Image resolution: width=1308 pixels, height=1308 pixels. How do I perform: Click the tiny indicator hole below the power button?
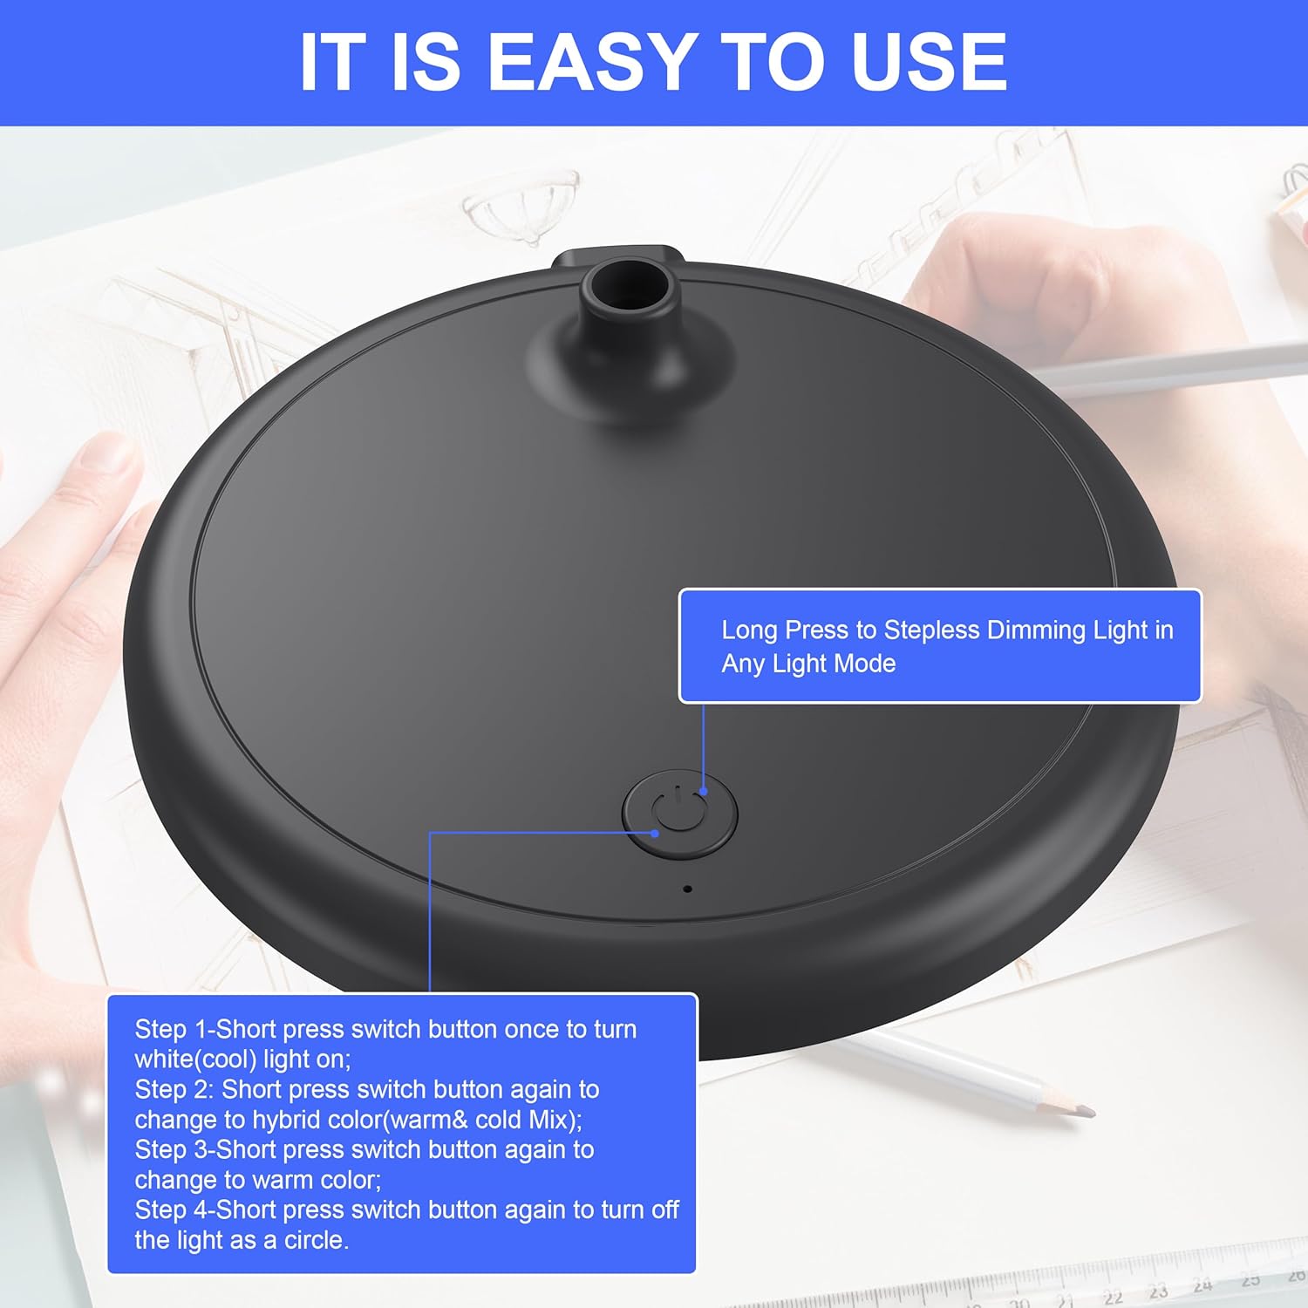687,889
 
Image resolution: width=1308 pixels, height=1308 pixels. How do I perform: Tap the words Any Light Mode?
808,664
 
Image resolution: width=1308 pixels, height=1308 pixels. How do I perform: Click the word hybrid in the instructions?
287,1121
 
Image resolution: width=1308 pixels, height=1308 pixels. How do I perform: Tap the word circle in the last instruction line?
315,1240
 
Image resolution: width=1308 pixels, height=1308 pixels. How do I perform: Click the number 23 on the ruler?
1157,1291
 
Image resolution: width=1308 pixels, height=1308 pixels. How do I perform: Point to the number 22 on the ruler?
1113,1297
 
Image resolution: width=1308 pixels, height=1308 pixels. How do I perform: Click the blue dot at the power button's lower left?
655,834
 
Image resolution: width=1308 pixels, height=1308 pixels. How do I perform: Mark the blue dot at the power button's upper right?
704,792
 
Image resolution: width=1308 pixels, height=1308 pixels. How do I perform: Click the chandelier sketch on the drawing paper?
521,208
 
